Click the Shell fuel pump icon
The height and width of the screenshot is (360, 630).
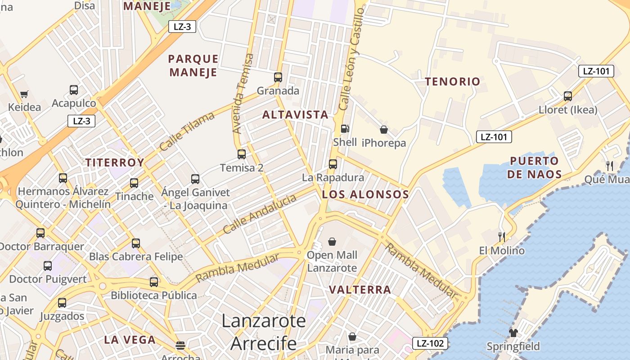coord(345,129)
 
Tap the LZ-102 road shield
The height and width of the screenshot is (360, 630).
coord(430,343)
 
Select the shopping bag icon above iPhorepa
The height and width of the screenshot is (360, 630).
coord(384,130)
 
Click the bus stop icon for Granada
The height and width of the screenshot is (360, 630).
coord(278,77)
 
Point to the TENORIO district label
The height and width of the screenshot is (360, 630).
coord(453,81)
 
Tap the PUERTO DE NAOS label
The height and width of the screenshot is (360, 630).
coord(534,167)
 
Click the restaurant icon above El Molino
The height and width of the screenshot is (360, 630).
coord(502,237)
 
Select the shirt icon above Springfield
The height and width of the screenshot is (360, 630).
coord(513,333)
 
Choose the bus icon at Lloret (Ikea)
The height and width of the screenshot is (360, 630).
coord(568,96)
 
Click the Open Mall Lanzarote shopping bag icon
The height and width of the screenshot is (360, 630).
coord(332,242)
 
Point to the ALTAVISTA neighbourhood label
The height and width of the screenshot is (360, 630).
coord(295,115)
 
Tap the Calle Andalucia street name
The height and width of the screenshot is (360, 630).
coord(260,214)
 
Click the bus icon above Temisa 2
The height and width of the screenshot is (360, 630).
coord(242,154)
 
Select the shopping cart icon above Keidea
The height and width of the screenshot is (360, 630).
coord(24,94)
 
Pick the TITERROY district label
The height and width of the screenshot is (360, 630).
coord(115,162)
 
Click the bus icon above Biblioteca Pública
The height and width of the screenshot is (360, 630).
coord(154,282)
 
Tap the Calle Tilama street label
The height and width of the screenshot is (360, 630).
coord(187,131)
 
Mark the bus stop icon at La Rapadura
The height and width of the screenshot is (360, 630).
coord(333,164)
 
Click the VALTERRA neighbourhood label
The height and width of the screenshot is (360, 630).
coord(360,289)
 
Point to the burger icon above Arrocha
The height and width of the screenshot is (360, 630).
coord(180,345)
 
